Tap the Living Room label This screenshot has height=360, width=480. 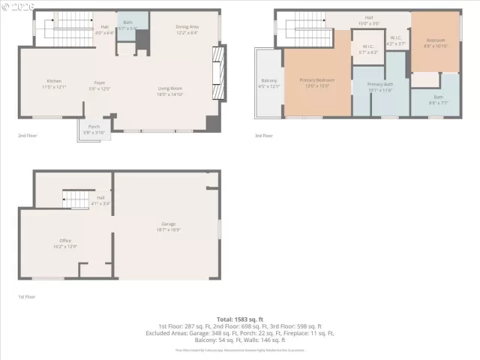tap(171, 91)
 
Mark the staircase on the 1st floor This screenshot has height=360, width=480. tap(76, 199)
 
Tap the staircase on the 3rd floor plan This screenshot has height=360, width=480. tap(306, 27)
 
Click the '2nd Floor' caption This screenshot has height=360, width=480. tap(27, 136)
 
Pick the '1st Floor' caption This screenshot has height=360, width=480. tap(26, 297)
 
